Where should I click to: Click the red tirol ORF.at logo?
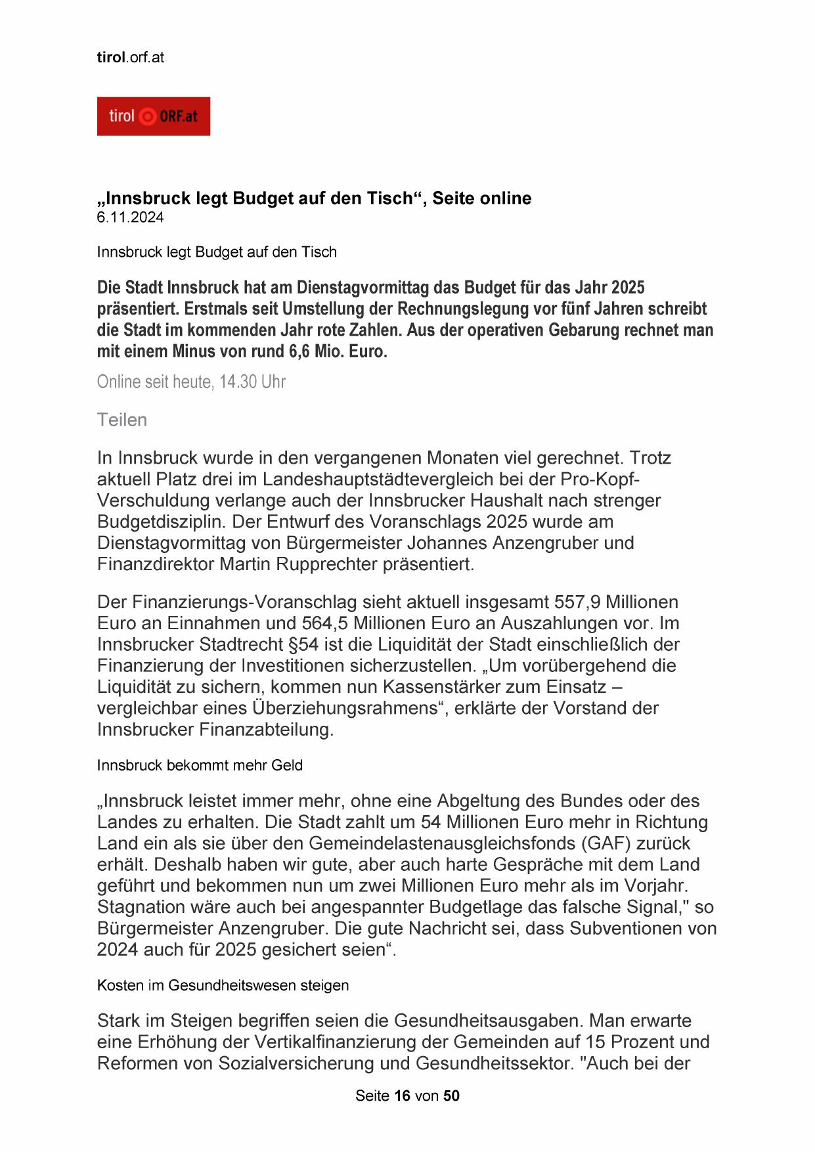153,116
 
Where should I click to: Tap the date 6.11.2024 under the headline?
130,217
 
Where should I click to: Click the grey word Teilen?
122,420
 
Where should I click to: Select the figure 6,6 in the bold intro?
299,351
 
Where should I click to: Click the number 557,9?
577,602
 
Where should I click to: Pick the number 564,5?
326,623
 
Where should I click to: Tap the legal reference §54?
299,644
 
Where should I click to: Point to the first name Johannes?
451,543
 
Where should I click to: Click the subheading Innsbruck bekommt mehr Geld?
200,765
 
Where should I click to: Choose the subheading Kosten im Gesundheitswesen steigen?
223,985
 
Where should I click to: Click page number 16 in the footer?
402,1096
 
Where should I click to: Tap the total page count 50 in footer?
451,1096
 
